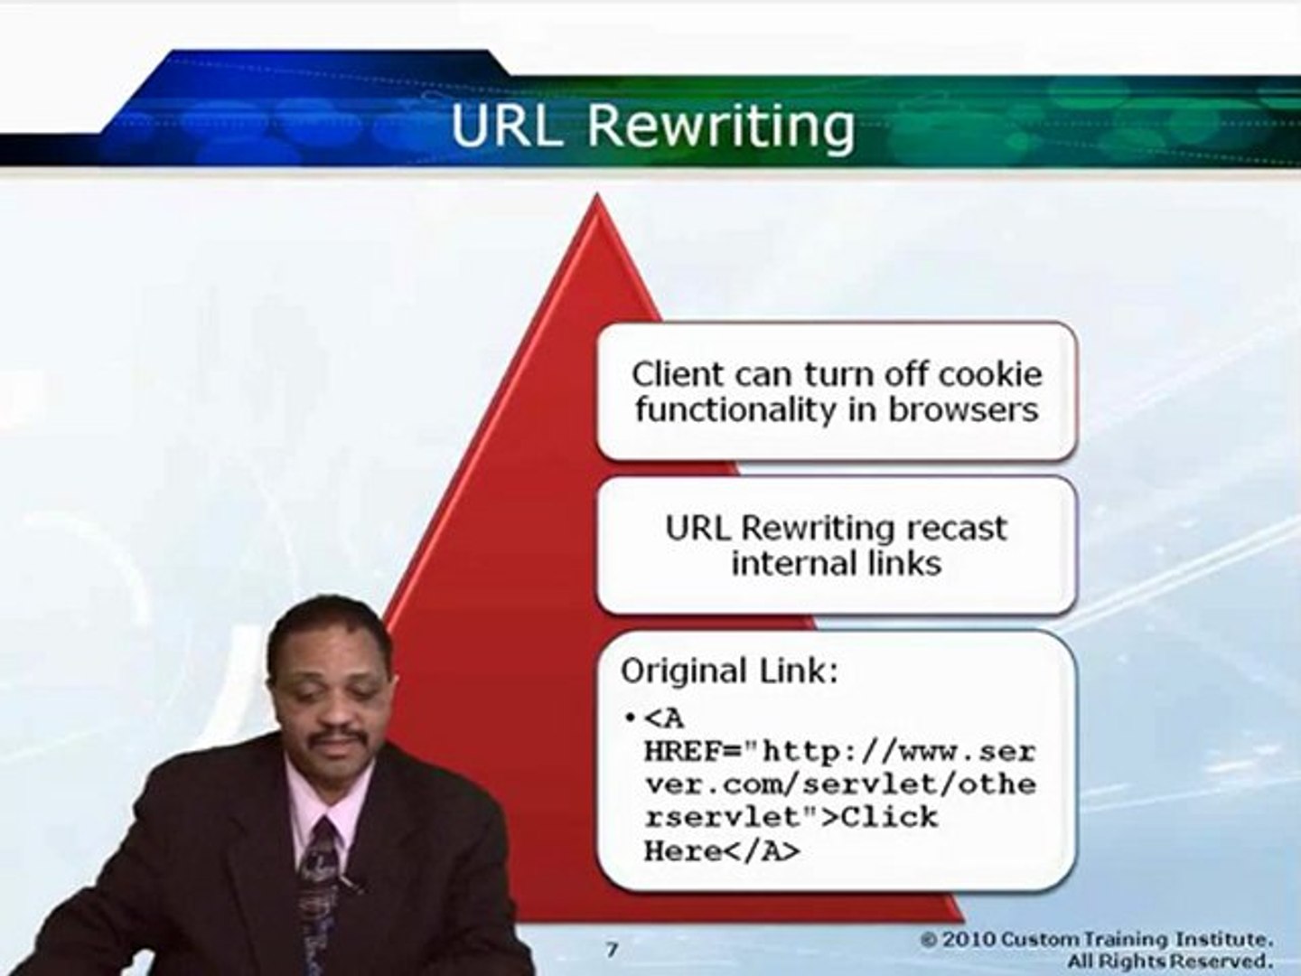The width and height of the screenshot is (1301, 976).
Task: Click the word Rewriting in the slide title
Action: click(x=720, y=126)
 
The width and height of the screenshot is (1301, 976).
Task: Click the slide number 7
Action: click(x=612, y=950)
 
